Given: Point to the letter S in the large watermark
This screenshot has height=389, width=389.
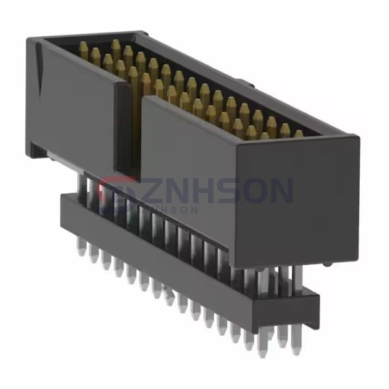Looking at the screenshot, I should click(x=233, y=192).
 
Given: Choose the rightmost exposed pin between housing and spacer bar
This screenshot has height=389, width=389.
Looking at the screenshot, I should click(x=298, y=276).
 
